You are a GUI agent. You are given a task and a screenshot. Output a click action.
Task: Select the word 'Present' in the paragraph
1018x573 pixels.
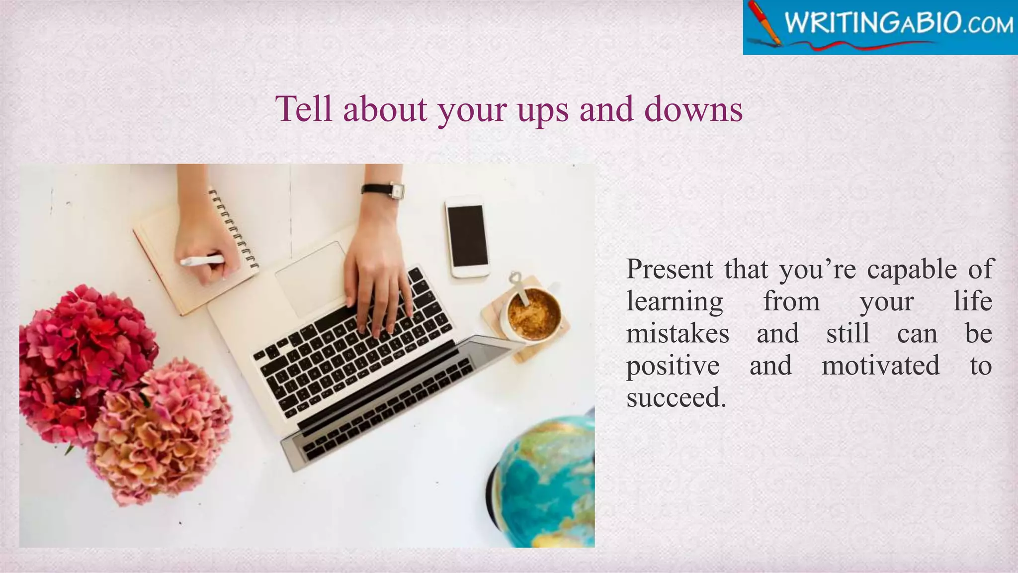click(x=669, y=269)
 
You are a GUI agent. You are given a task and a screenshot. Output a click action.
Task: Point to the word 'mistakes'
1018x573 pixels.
click(x=677, y=333)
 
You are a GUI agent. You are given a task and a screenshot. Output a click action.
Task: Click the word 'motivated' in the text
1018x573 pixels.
click(x=880, y=366)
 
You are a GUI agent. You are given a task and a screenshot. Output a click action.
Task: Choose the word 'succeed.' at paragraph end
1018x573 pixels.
click(x=676, y=397)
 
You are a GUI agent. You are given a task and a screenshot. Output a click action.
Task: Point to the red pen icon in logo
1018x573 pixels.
click(x=765, y=22)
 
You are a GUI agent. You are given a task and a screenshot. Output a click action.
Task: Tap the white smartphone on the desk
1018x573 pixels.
click(x=467, y=236)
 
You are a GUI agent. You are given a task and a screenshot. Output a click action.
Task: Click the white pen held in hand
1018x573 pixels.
click(x=202, y=260)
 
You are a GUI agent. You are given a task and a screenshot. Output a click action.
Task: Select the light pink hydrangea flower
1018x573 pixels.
click(x=159, y=428)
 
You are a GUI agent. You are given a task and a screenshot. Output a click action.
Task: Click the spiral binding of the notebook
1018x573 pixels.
click(x=234, y=229)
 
